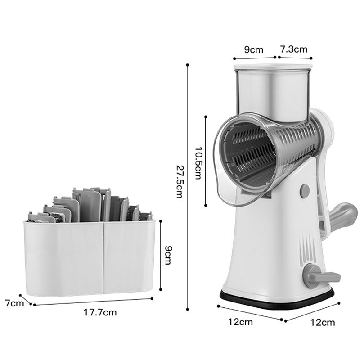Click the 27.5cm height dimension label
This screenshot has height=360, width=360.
179,181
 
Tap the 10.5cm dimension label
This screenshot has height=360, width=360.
198,163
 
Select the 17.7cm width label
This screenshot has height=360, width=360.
100,312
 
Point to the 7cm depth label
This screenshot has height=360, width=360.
14,303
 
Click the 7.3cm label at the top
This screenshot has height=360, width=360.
294,49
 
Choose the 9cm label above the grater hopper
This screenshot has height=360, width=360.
253,49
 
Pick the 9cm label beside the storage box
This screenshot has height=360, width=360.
168,255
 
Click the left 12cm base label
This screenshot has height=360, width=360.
240,322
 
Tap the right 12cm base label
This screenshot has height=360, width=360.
323,323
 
